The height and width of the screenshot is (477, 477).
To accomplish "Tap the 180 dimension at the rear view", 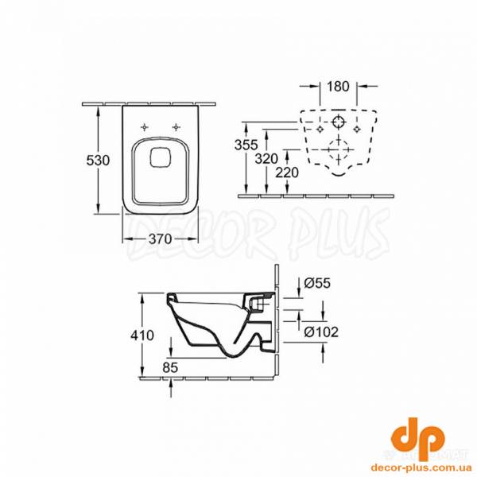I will pos(339,85).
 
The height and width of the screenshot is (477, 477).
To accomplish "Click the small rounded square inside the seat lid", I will pos(160,157).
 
